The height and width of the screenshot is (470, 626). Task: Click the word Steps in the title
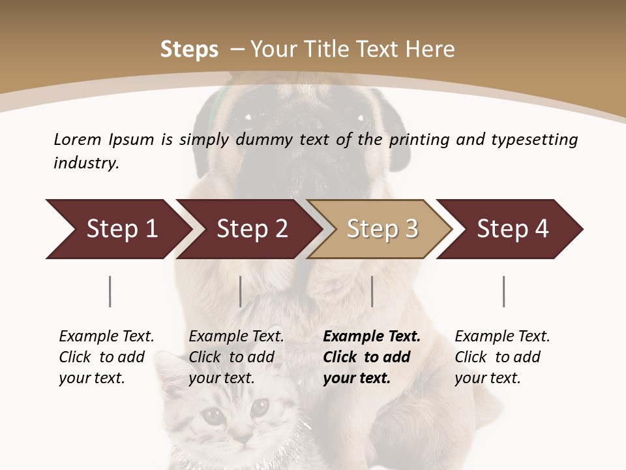click(189, 50)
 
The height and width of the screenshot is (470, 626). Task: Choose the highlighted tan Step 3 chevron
click(382, 229)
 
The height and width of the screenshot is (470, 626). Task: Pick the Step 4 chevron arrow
click(513, 229)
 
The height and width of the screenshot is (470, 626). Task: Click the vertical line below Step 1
click(110, 291)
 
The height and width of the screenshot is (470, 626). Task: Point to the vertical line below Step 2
click(241, 291)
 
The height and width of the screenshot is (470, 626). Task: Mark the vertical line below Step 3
click(372, 291)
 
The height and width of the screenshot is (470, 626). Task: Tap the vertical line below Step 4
click(504, 291)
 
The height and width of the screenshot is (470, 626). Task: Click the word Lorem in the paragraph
click(78, 139)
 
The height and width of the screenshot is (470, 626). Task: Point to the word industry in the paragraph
click(86, 163)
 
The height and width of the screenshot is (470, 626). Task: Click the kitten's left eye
click(211, 414)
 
